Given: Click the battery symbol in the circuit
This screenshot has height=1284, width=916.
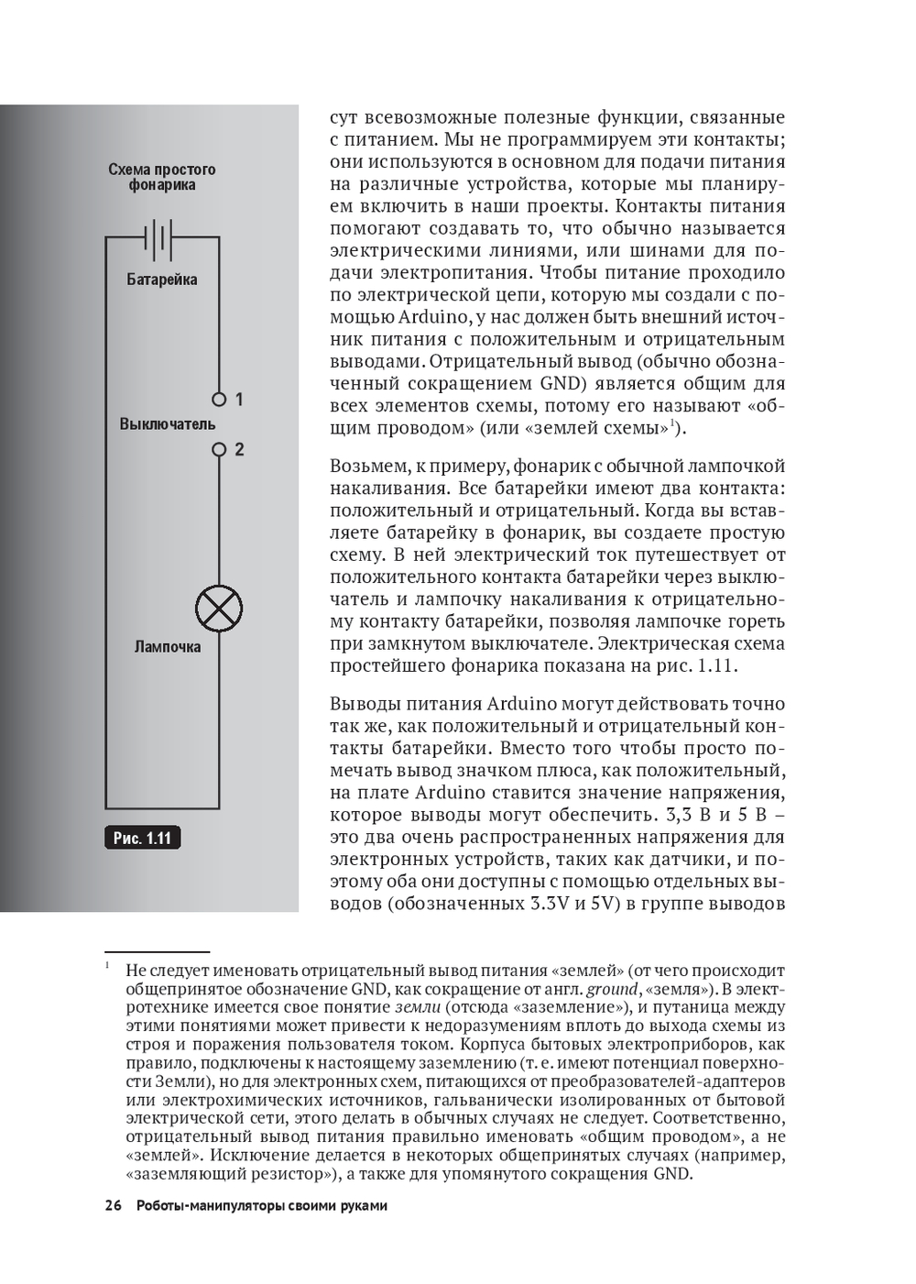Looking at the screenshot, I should click(158, 238).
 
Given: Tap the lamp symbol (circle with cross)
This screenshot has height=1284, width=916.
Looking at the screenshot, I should click(219, 608).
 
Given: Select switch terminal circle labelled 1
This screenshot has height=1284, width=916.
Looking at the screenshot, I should click(219, 400).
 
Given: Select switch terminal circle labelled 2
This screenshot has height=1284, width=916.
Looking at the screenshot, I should click(219, 450).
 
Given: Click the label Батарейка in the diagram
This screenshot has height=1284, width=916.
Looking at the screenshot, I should click(162, 280).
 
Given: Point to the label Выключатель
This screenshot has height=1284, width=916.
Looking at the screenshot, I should click(168, 424).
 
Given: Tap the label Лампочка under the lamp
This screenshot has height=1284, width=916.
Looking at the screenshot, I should click(168, 647).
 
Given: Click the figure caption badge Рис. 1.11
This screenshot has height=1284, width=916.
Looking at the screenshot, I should click(142, 838).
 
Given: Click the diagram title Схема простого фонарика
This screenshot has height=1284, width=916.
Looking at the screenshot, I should click(162, 177).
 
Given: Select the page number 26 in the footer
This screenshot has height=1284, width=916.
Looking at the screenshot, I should click(114, 1205).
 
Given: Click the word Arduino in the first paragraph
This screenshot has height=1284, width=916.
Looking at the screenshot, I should click(434, 317).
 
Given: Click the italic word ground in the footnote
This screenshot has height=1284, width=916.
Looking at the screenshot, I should click(612, 989).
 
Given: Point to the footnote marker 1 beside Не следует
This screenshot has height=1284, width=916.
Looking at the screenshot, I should click(107, 966).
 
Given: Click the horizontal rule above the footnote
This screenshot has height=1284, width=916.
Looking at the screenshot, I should click(158, 952).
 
